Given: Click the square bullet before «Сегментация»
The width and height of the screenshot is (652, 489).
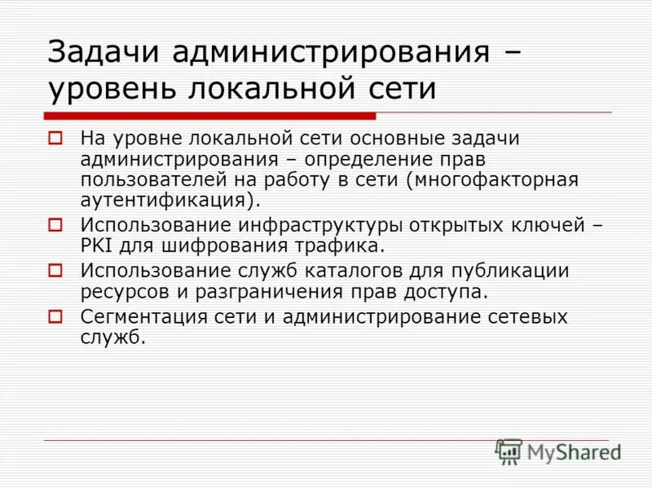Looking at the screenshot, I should pyautogui.click(x=55, y=315).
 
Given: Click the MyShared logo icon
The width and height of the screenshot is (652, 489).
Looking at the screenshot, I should pyautogui.click(x=509, y=452).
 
